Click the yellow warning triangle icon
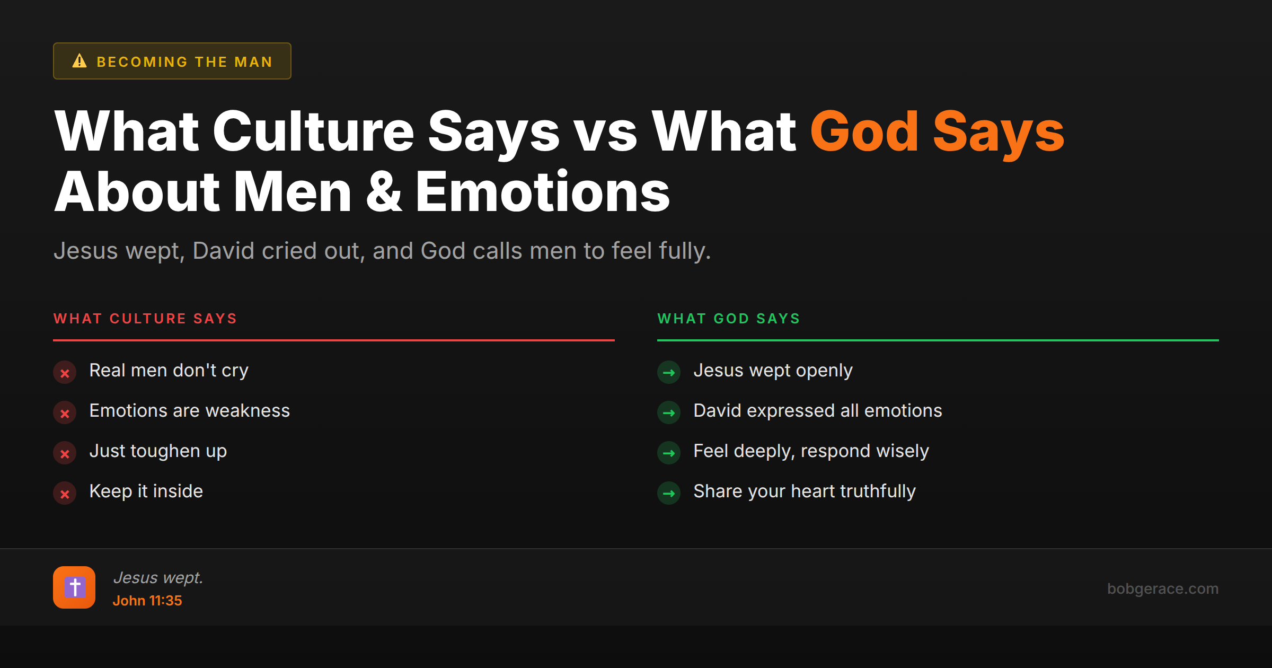(79, 61)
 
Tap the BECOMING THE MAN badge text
(184, 62)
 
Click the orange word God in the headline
(864, 131)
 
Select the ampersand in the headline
(383, 192)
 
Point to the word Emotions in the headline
(542, 192)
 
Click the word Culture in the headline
(313, 131)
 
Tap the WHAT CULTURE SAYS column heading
(145, 319)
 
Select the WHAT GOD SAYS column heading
(729, 319)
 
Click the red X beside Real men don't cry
(65, 373)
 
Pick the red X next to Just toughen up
(65, 453)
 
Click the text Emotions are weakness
(189, 411)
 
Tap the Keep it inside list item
(146, 491)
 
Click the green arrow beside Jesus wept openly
(669, 373)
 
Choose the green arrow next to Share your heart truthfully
(669, 494)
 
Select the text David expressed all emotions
(817, 411)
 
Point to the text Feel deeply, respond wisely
(811, 451)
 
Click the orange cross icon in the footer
(74, 587)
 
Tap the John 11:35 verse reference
(147, 601)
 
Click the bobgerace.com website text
(1163, 588)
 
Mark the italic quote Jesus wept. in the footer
(158, 577)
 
